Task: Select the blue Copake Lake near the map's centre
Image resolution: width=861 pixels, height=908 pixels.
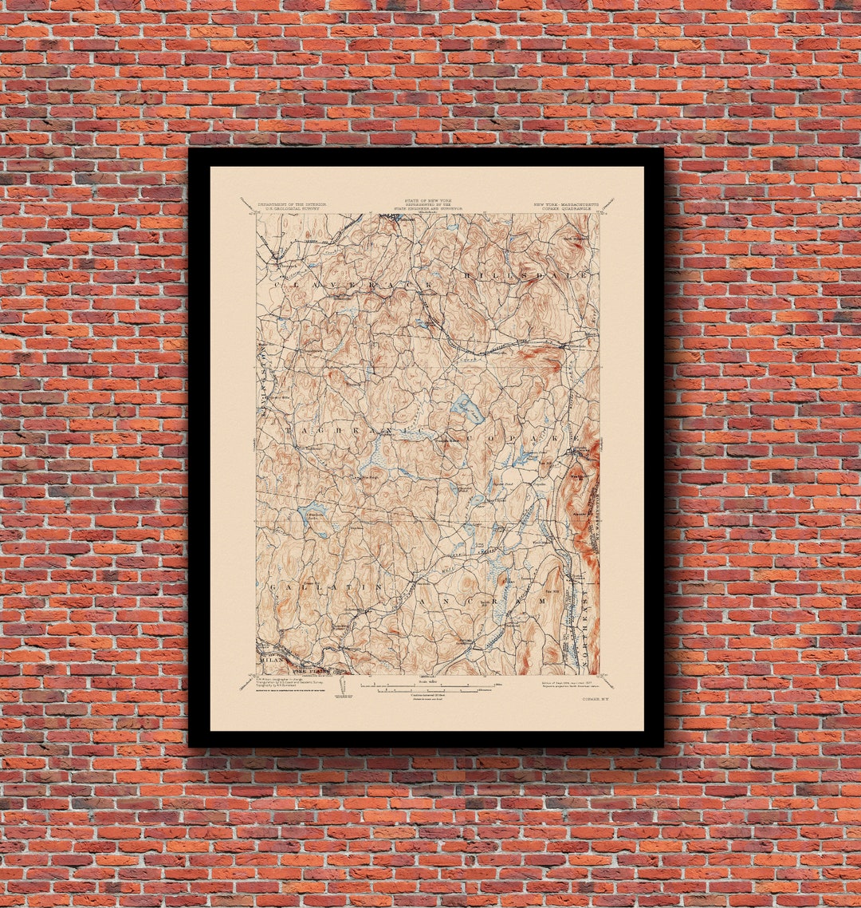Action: (x=468, y=409)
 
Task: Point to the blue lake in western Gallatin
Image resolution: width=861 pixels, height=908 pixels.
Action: (x=313, y=511)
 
